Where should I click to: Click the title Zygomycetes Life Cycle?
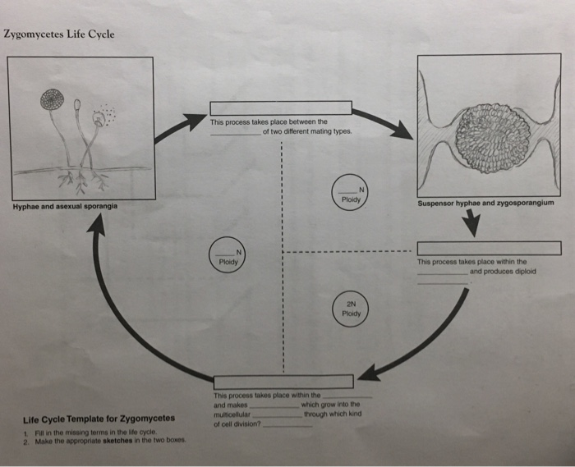click(58, 34)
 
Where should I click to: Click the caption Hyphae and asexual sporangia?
click(64, 205)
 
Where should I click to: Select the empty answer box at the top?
click(281, 108)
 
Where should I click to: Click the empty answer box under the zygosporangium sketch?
click(488, 248)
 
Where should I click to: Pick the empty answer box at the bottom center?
click(283, 382)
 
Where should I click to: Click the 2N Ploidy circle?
click(352, 307)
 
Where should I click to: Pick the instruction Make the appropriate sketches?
click(107, 441)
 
